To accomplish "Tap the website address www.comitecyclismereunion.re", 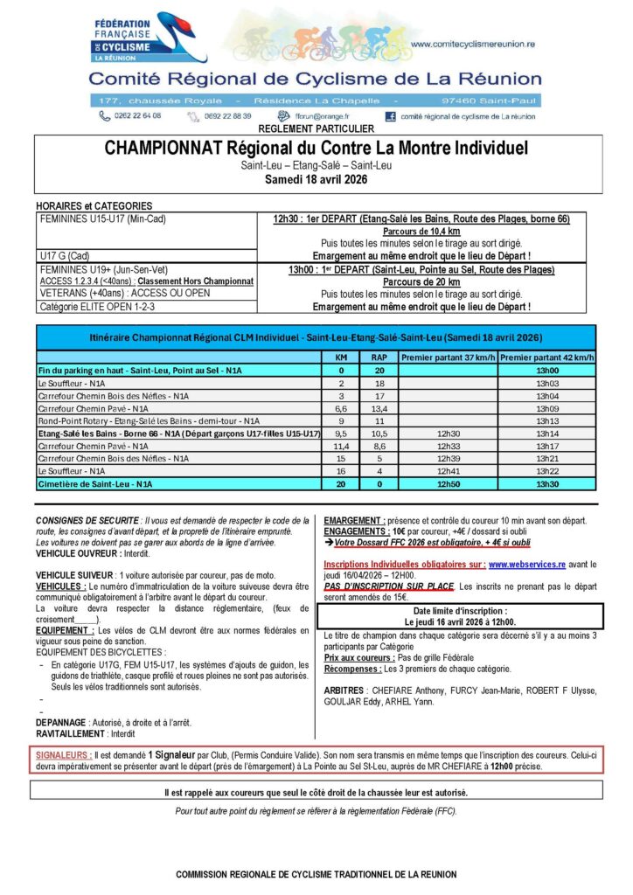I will pyautogui.click(x=472, y=43).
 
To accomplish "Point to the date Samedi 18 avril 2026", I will pyautogui.click(x=316, y=180).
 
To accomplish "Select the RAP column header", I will pyautogui.click(x=379, y=357).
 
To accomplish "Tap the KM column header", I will pyautogui.click(x=341, y=357).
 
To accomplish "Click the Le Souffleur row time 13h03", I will pyautogui.click(x=547, y=383).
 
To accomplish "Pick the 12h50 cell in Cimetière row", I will pyautogui.click(x=448, y=483).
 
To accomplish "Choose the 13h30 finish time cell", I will pyautogui.click(x=547, y=483).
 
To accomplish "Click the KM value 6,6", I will pyautogui.click(x=341, y=408).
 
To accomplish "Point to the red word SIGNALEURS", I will pyautogui.click(x=64, y=753).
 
